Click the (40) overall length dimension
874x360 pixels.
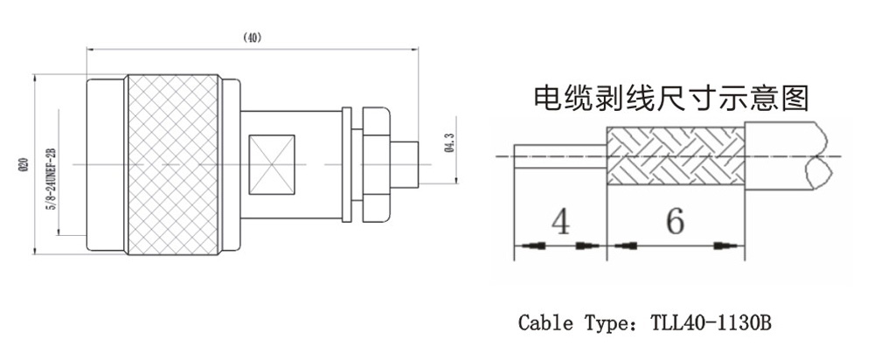coord(252,38)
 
